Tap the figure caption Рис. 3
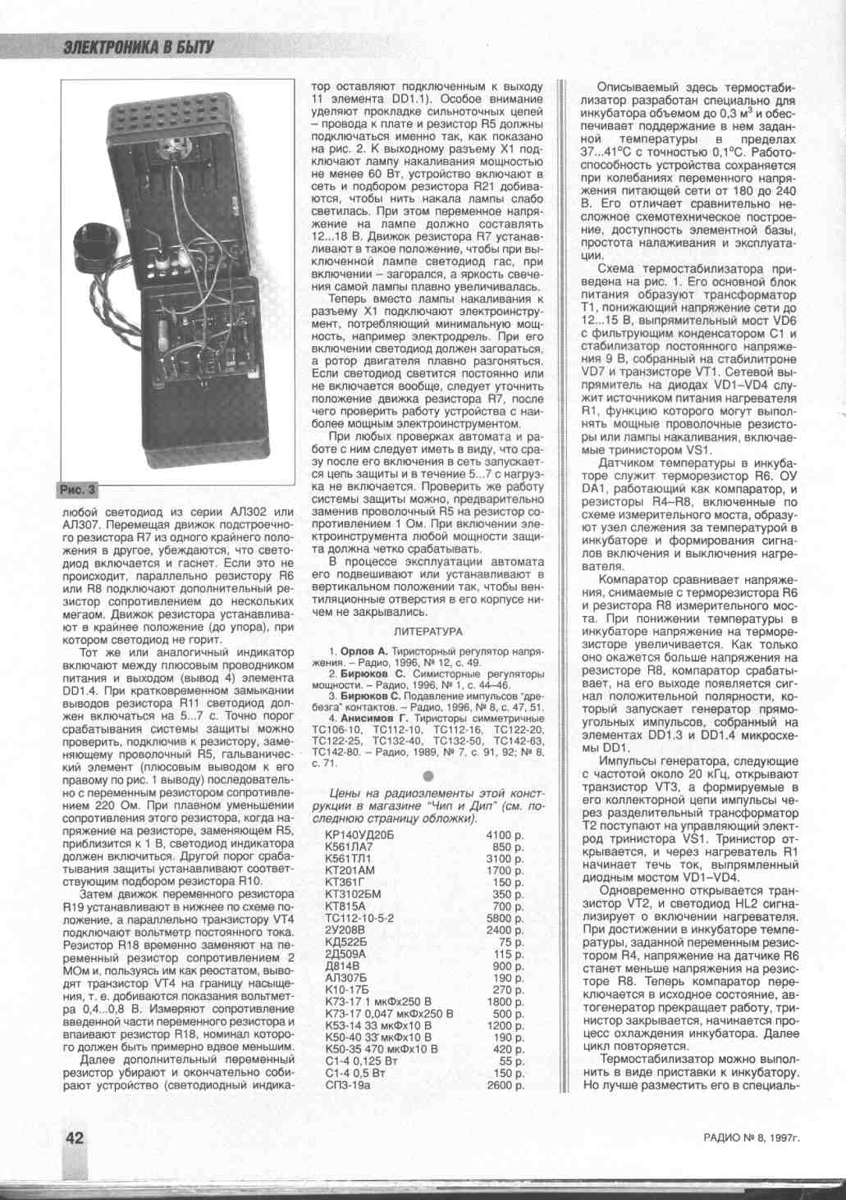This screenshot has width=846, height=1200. coord(77,490)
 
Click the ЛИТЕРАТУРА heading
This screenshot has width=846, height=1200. coord(428,632)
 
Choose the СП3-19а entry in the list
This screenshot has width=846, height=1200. coord(348,1085)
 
